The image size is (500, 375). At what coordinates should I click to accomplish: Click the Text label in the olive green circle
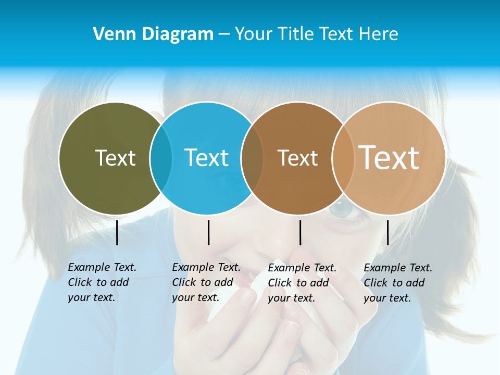click(115, 158)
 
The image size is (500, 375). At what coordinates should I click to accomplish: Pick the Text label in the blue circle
click(207, 158)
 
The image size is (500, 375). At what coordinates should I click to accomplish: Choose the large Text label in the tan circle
click(389, 157)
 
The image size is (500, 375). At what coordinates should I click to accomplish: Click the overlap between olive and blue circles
click(161, 158)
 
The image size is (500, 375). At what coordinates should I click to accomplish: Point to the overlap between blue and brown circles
click(252, 158)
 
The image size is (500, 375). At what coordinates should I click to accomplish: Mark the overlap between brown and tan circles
click(343, 158)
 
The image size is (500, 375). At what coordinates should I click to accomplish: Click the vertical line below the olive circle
click(117, 232)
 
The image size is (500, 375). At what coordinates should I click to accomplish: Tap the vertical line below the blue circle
click(208, 232)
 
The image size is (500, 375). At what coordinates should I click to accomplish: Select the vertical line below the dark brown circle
click(300, 232)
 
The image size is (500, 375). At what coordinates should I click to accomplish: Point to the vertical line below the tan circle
click(388, 232)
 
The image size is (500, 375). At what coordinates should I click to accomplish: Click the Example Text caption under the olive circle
click(102, 282)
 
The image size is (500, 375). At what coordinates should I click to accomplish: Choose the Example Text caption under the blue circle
click(206, 282)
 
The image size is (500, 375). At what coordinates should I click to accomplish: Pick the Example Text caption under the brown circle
click(302, 283)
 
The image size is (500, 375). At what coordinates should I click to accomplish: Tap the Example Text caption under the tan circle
click(398, 283)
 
